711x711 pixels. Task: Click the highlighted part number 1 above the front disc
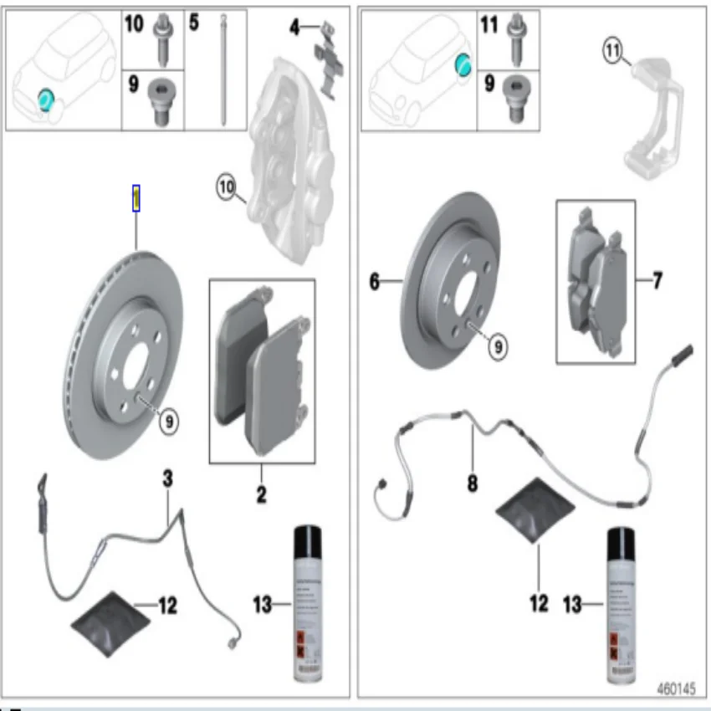point(136,198)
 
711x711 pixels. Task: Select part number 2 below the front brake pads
point(261,494)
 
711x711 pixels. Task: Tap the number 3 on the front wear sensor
point(167,478)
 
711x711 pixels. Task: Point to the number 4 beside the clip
point(294,28)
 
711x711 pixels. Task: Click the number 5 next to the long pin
point(194,23)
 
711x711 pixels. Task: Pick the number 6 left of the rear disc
point(374,283)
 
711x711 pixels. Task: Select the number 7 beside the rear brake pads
point(657,281)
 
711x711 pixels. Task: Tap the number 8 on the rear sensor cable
point(473,483)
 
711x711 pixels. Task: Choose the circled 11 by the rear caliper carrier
point(613,52)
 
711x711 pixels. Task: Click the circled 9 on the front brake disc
point(168,423)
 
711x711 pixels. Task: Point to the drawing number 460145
point(675,689)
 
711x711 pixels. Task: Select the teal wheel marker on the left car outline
point(45,101)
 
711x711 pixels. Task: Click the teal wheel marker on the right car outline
point(462,63)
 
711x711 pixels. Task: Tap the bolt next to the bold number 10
point(162,37)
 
